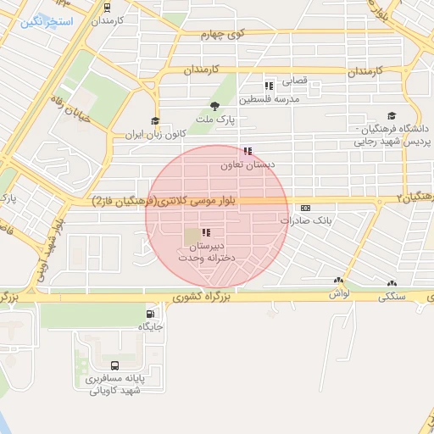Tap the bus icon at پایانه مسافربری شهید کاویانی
[115, 365]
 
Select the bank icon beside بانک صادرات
[305, 208]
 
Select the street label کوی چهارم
[222, 35]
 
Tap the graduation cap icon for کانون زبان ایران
[154, 121]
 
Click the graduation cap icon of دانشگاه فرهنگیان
[392, 116]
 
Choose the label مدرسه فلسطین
[270, 99]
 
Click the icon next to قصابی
[269, 86]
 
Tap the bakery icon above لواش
[339, 281]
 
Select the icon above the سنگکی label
[391, 284]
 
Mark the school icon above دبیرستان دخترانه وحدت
[206, 232]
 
